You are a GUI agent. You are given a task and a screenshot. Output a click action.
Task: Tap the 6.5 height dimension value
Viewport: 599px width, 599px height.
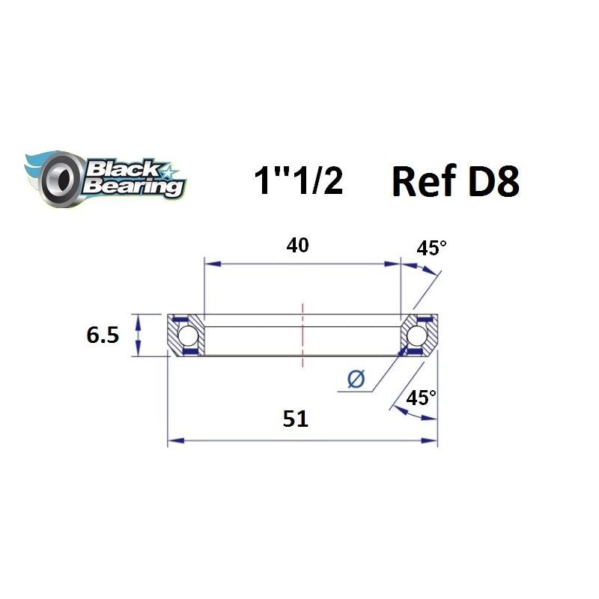pyautogui.click(x=103, y=335)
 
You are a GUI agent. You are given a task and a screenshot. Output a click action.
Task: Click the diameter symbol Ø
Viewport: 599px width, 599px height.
pyautogui.click(x=356, y=380)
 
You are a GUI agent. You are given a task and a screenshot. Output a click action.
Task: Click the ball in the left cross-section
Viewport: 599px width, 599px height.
pyautogui.click(x=188, y=335)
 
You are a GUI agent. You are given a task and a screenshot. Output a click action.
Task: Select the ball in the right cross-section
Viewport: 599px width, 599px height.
pyautogui.click(x=418, y=335)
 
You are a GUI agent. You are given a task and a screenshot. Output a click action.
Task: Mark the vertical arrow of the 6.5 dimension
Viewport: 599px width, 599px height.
pyautogui.click(x=138, y=335)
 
